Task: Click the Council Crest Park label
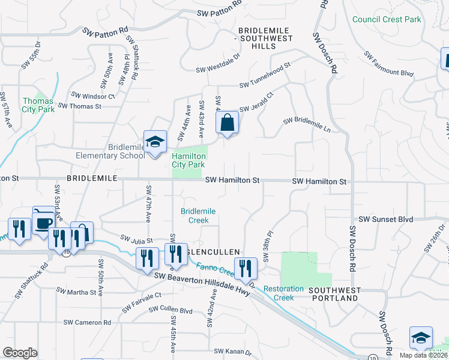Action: click(x=387, y=19)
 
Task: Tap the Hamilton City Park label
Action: click(x=188, y=160)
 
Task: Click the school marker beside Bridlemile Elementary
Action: click(x=155, y=143)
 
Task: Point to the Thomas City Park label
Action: click(x=38, y=105)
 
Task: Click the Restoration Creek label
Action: click(x=283, y=293)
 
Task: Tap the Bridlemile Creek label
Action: click(x=198, y=215)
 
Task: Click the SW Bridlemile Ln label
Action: click(x=307, y=124)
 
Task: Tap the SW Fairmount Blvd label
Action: click(x=388, y=63)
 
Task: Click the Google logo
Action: click(x=20, y=353)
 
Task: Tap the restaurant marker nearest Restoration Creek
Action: click(x=245, y=268)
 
